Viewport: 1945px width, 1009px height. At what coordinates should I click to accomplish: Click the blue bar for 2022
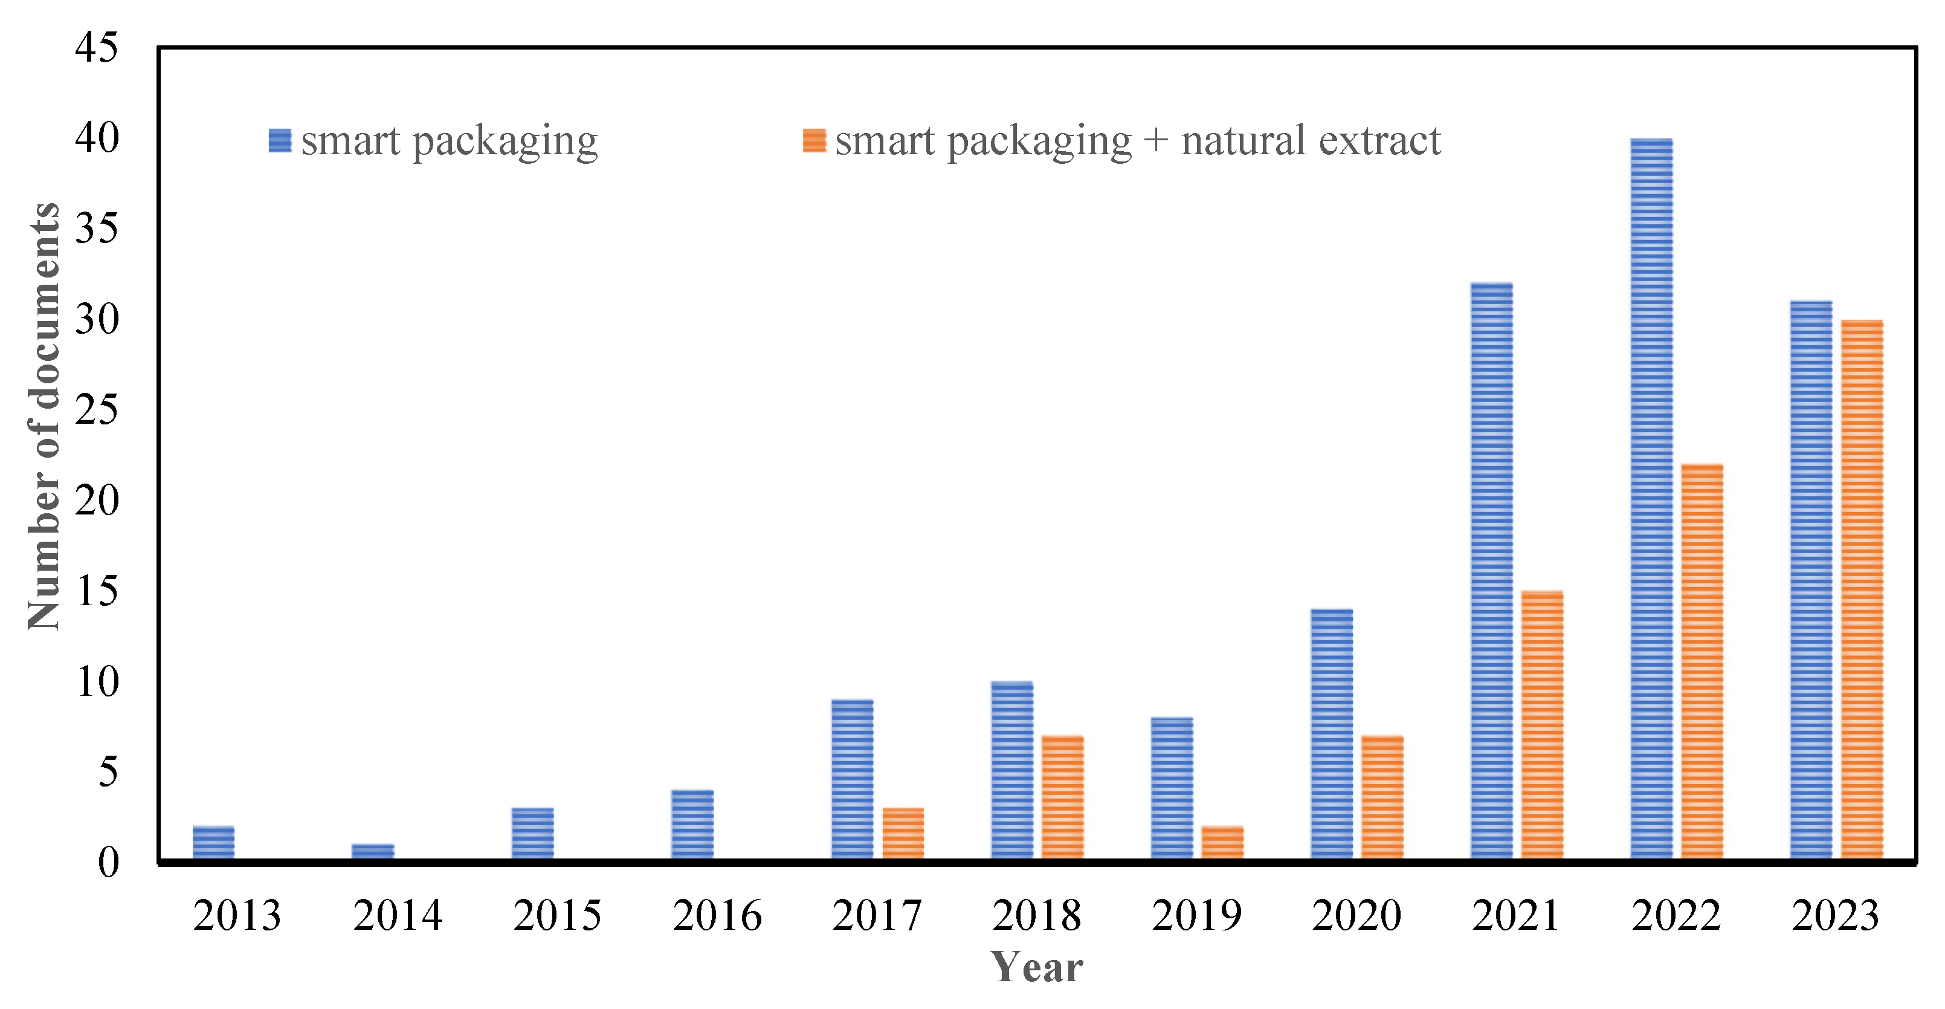click(x=1651, y=499)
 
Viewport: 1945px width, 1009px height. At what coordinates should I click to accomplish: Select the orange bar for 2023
click(x=1862, y=589)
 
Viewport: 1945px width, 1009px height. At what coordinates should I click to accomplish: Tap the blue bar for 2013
click(x=213, y=842)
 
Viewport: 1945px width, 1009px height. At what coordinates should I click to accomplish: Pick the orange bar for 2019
click(x=1222, y=842)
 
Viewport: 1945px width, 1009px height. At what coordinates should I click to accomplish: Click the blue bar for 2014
click(x=373, y=851)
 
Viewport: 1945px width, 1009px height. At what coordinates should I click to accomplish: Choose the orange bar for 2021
click(x=1542, y=725)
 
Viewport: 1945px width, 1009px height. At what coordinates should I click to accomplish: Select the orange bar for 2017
click(x=903, y=833)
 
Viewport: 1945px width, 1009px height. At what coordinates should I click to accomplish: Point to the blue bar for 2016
click(x=692, y=824)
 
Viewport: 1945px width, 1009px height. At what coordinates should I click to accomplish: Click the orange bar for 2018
click(x=1062, y=797)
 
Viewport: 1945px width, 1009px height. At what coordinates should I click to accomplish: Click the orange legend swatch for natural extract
click(x=814, y=140)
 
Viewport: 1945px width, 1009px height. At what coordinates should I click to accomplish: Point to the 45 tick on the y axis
click(x=97, y=48)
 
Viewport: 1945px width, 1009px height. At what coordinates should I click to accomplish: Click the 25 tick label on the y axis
click(x=97, y=410)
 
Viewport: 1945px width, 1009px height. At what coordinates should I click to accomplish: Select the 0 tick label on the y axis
click(x=108, y=861)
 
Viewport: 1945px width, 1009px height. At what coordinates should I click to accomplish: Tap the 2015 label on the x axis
click(x=557, y=915)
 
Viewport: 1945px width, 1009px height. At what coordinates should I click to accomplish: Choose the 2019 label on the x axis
click(x=1197, y=915)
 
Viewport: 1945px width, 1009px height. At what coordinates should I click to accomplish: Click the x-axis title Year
click(x=1037, y=967)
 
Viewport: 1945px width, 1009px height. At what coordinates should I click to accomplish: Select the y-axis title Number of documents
click(x=44, y=415)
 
